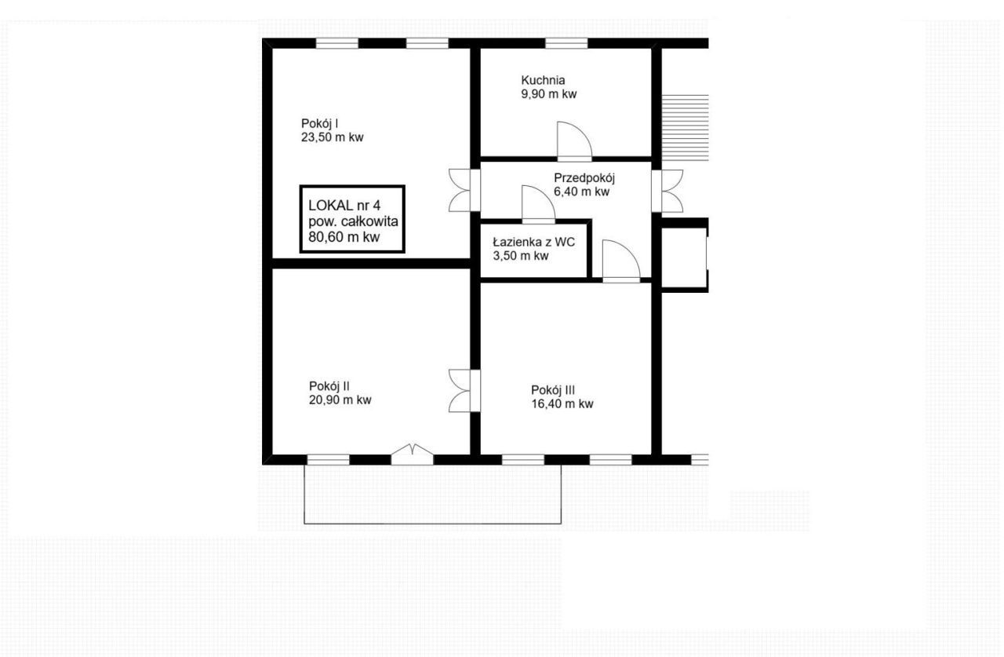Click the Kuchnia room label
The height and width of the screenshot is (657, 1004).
tap(542, 80)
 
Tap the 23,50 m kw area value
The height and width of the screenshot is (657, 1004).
tap(332, 137)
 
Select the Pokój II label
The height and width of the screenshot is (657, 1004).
tap(329, 386)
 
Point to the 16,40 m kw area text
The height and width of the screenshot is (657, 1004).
tap(562, 403)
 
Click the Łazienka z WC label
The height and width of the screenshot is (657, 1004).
tap(534, 243)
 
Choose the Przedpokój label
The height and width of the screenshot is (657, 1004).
tap(584, 178)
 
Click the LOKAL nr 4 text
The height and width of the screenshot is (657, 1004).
tap(344, 206)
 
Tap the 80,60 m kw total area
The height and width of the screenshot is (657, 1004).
tap(344, 237)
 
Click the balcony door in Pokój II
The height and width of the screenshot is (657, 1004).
tap(412, 454)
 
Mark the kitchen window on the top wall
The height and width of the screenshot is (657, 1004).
tap(566, 43)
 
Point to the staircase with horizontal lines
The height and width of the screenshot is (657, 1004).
tap(686, 127)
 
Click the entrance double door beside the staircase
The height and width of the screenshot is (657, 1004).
tap(668, 191)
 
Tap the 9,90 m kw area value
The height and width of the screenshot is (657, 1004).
tap(548, 94)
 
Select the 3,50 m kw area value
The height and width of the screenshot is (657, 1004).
tap(520, 256)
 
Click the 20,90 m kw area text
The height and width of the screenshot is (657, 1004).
tap(340, 400)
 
